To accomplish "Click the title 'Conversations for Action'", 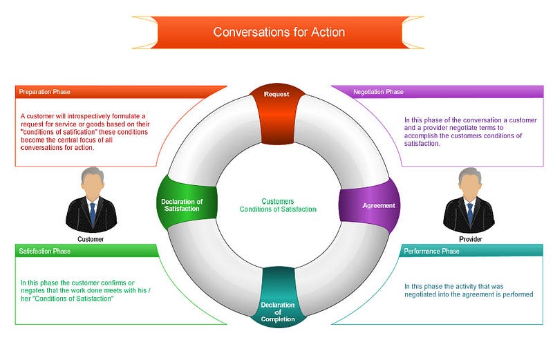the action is coord(279,32).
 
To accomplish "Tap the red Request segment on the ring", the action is coord(277,113).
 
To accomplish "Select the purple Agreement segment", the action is coord(369,205).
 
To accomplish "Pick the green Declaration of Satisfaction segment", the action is coord(187,202).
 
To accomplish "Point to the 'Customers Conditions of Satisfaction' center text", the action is coord(278,205).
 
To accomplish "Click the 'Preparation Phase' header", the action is coord(44,92).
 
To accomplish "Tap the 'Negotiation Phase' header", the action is coord(378,92).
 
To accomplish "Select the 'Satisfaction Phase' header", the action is coord(44,251).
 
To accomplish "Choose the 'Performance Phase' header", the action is coord(431,251).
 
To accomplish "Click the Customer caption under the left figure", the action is coord(91,239).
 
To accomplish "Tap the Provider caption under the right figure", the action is coord(471,239).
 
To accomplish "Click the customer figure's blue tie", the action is coord(93,213).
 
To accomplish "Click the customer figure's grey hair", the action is coord(93,173).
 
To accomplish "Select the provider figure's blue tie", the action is coord(470,214).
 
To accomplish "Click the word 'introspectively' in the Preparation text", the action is coord(89,116).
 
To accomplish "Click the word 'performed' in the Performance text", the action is coord(518,294).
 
